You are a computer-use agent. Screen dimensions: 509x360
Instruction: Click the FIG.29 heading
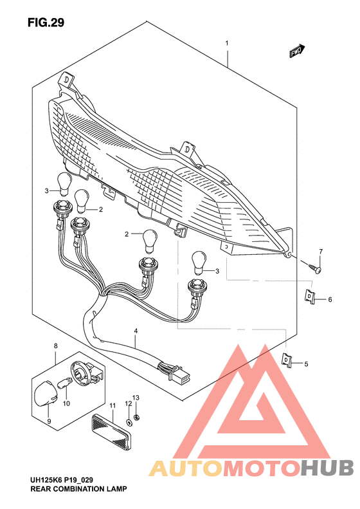(46, 23)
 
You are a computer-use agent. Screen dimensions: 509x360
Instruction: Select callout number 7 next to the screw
(321, 251)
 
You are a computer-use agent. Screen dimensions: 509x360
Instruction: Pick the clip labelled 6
(310, 297)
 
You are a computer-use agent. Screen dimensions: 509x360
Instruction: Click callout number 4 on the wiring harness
(136, 331)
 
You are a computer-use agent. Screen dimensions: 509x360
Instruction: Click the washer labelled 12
(128, 421)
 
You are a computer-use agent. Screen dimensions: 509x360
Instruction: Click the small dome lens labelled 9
(47, 393)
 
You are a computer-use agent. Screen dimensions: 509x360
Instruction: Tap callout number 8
(56, 346)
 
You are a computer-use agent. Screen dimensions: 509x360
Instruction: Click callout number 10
(66, 403)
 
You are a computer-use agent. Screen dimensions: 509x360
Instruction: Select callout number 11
(112, 406)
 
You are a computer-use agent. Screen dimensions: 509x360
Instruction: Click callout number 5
(306, 364)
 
